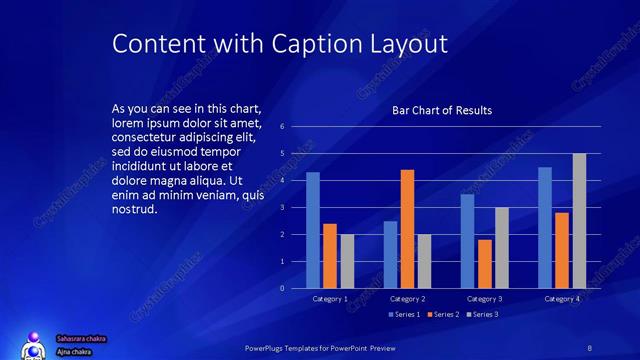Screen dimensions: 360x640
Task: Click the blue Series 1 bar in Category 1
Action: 313,230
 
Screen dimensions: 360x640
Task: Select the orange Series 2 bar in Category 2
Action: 407,229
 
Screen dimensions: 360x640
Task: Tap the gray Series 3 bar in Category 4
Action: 579,221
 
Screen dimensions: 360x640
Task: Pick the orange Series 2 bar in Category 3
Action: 485,264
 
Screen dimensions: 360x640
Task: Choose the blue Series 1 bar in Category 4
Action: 545,228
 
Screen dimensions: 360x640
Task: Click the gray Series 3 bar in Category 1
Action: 347,261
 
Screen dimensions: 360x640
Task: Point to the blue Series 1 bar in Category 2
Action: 390,255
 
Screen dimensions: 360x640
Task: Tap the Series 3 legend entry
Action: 483,315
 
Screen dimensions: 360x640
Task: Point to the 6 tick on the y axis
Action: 283,127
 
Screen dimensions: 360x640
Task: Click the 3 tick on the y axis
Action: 283,208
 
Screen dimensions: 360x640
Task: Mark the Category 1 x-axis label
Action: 330,299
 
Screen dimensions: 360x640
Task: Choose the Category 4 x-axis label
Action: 562,299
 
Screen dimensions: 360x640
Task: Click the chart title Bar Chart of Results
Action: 441,110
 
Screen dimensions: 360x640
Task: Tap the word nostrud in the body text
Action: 136,209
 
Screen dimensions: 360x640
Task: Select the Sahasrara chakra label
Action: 81,339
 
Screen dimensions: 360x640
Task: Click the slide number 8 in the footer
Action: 590,347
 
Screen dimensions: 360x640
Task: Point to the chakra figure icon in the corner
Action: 34,346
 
